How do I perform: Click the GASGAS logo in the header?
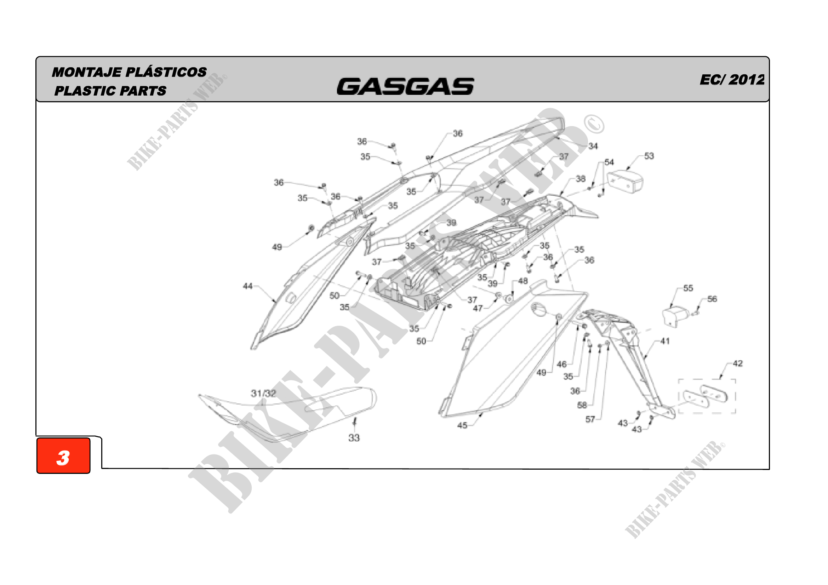pos(405,86)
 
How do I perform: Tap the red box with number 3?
pos(63,455)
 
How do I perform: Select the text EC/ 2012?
pos(732,80)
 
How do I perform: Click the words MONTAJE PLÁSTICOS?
pos(129,72)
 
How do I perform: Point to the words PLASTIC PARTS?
pos(110,91)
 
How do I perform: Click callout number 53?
pos(649,156)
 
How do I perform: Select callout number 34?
pos(593,146)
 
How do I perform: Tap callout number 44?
pos(247,286)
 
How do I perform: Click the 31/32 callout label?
pos(263,393)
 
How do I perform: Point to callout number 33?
pos(354,437)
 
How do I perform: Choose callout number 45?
pos(462,425)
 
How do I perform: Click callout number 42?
pos(737,363)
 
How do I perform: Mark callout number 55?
pos(688,288)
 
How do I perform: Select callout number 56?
pos(712,299)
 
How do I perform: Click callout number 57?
pos(590,419)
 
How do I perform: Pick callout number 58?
pos(582,405)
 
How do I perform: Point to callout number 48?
pos(523,281)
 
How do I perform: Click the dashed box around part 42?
pos(707,396)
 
